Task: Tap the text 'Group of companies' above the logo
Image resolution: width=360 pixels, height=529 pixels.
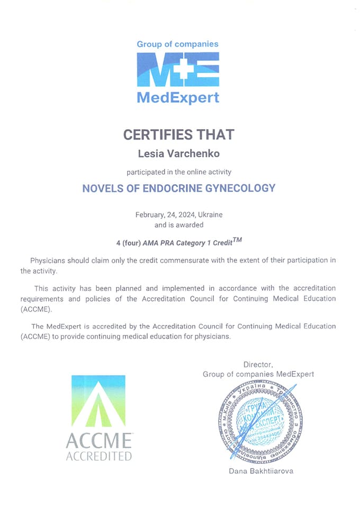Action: click(x=178, y=44)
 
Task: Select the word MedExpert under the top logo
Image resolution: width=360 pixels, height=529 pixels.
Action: click(x=178, y=98)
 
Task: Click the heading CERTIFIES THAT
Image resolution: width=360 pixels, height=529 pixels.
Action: click(x=178, y=134)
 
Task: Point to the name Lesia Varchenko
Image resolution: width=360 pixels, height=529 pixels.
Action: click(x=178, y=153)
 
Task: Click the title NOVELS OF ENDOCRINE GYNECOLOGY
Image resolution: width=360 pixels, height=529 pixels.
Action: click(x=178, y=188)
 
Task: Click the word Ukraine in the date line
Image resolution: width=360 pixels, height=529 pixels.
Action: click(x=210, y=215)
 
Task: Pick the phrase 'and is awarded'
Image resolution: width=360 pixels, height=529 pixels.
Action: click(x=178, y=225)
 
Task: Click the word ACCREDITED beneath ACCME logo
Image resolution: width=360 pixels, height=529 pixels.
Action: click(x=98, y=456)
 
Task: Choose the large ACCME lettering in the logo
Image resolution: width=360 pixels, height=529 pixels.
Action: click(x=98, y=440)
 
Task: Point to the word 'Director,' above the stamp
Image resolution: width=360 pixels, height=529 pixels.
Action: click(x=258, y=364)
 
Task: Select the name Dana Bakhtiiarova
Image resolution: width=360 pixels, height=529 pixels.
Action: click(x=261, y=471)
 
